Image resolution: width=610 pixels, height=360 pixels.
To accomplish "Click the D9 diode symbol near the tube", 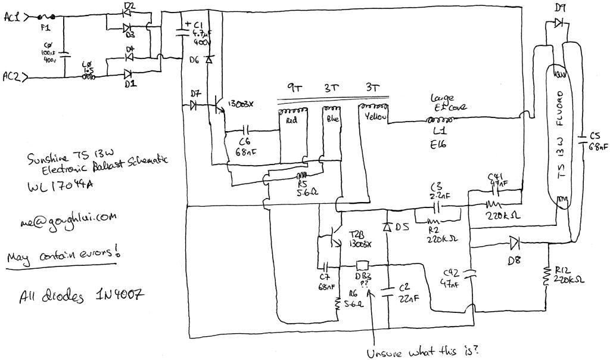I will point(558,23).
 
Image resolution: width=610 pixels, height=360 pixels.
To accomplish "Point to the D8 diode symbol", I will point(514,241).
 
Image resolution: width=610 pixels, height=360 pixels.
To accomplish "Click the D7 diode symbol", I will point(194,105).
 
